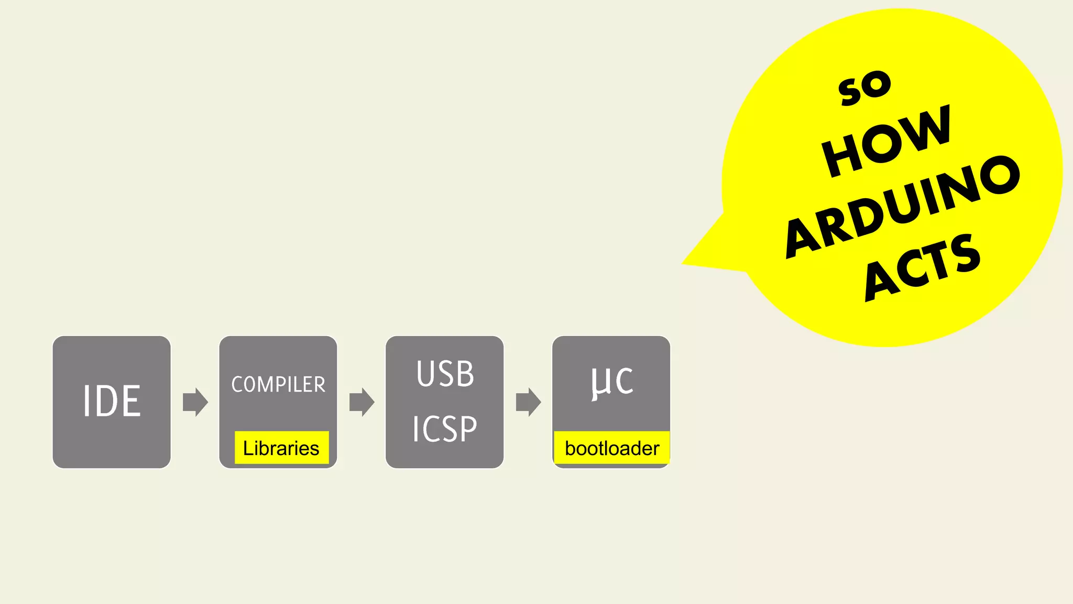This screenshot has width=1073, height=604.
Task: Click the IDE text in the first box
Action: [x=112, y=401]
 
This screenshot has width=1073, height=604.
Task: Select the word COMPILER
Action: [x=278, y=384]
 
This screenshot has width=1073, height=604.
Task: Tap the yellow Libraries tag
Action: [x=281, y=448]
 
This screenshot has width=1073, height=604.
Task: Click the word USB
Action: [x=445, y=374]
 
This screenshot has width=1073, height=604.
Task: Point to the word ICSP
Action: [x=444, y=429]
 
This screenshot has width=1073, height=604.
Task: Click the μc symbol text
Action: [x=611, y=382]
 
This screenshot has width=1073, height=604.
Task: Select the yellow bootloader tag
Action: [x=611, y=448]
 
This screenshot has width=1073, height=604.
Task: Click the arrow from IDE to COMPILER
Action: [x=195, y=402]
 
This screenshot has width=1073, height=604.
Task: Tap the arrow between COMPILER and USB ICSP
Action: [x=362, y=402]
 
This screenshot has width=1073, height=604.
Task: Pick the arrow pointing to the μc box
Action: [x=528, y=402]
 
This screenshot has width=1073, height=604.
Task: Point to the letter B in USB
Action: [x=465, y=374]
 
